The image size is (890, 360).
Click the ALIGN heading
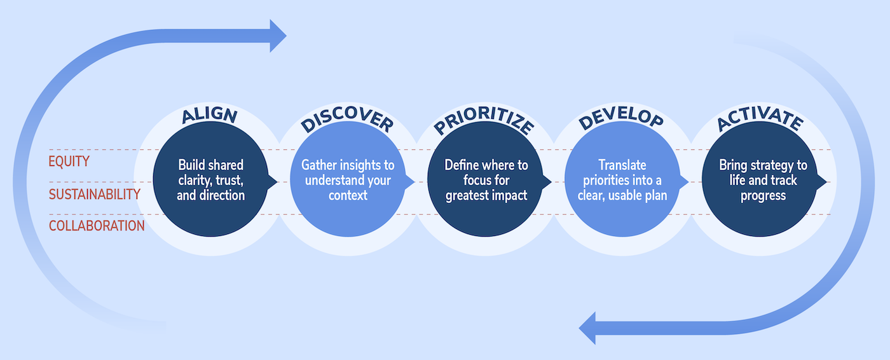209,116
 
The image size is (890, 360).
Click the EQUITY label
69,162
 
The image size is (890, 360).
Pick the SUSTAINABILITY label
95,194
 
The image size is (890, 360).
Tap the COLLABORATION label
97,226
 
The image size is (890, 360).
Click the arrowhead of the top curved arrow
278,36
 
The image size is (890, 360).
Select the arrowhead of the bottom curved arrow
588,328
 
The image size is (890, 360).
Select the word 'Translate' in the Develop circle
622,165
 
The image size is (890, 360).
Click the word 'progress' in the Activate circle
763,196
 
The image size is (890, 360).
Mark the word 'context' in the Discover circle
348,196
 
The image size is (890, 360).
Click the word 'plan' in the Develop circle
654,196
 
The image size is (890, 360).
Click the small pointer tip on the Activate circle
826,182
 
